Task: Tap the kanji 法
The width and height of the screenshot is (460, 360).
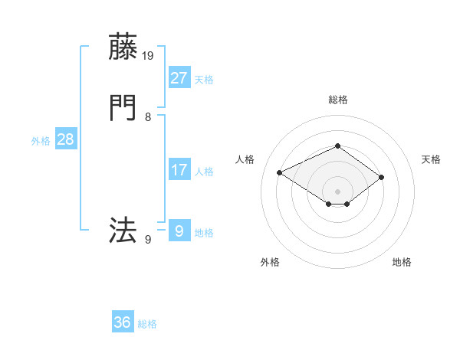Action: coord(123,230)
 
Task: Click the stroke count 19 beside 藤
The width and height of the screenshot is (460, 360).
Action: coord(148,55)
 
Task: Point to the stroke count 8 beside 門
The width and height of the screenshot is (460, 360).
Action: coord(148,117)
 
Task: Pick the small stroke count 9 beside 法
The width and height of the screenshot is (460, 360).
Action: coord(148,240)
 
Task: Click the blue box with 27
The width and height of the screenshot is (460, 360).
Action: coord(179,78)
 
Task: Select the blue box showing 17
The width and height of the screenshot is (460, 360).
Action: coord(179,170)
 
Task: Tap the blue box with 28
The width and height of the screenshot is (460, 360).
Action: coord(65,140)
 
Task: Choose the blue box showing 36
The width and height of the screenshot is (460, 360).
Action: coord(123,322)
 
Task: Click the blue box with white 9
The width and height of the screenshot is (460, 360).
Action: coord(179,231)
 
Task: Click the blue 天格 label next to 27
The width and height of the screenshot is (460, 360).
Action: coord(204,80)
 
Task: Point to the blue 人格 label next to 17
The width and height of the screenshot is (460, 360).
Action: coord(204,172)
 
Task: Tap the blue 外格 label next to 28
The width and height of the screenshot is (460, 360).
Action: coord(41,141)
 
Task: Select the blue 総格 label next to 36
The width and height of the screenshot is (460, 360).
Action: coord(147,324)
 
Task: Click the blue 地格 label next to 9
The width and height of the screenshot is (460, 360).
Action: coord(204,233)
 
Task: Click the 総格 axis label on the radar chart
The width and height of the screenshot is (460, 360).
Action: coord(337,100)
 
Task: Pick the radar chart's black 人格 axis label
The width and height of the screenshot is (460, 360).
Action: coord(245,159)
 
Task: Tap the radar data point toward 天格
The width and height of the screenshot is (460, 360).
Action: coord(381,178)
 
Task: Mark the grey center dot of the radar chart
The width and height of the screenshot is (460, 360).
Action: coord(337,191)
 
